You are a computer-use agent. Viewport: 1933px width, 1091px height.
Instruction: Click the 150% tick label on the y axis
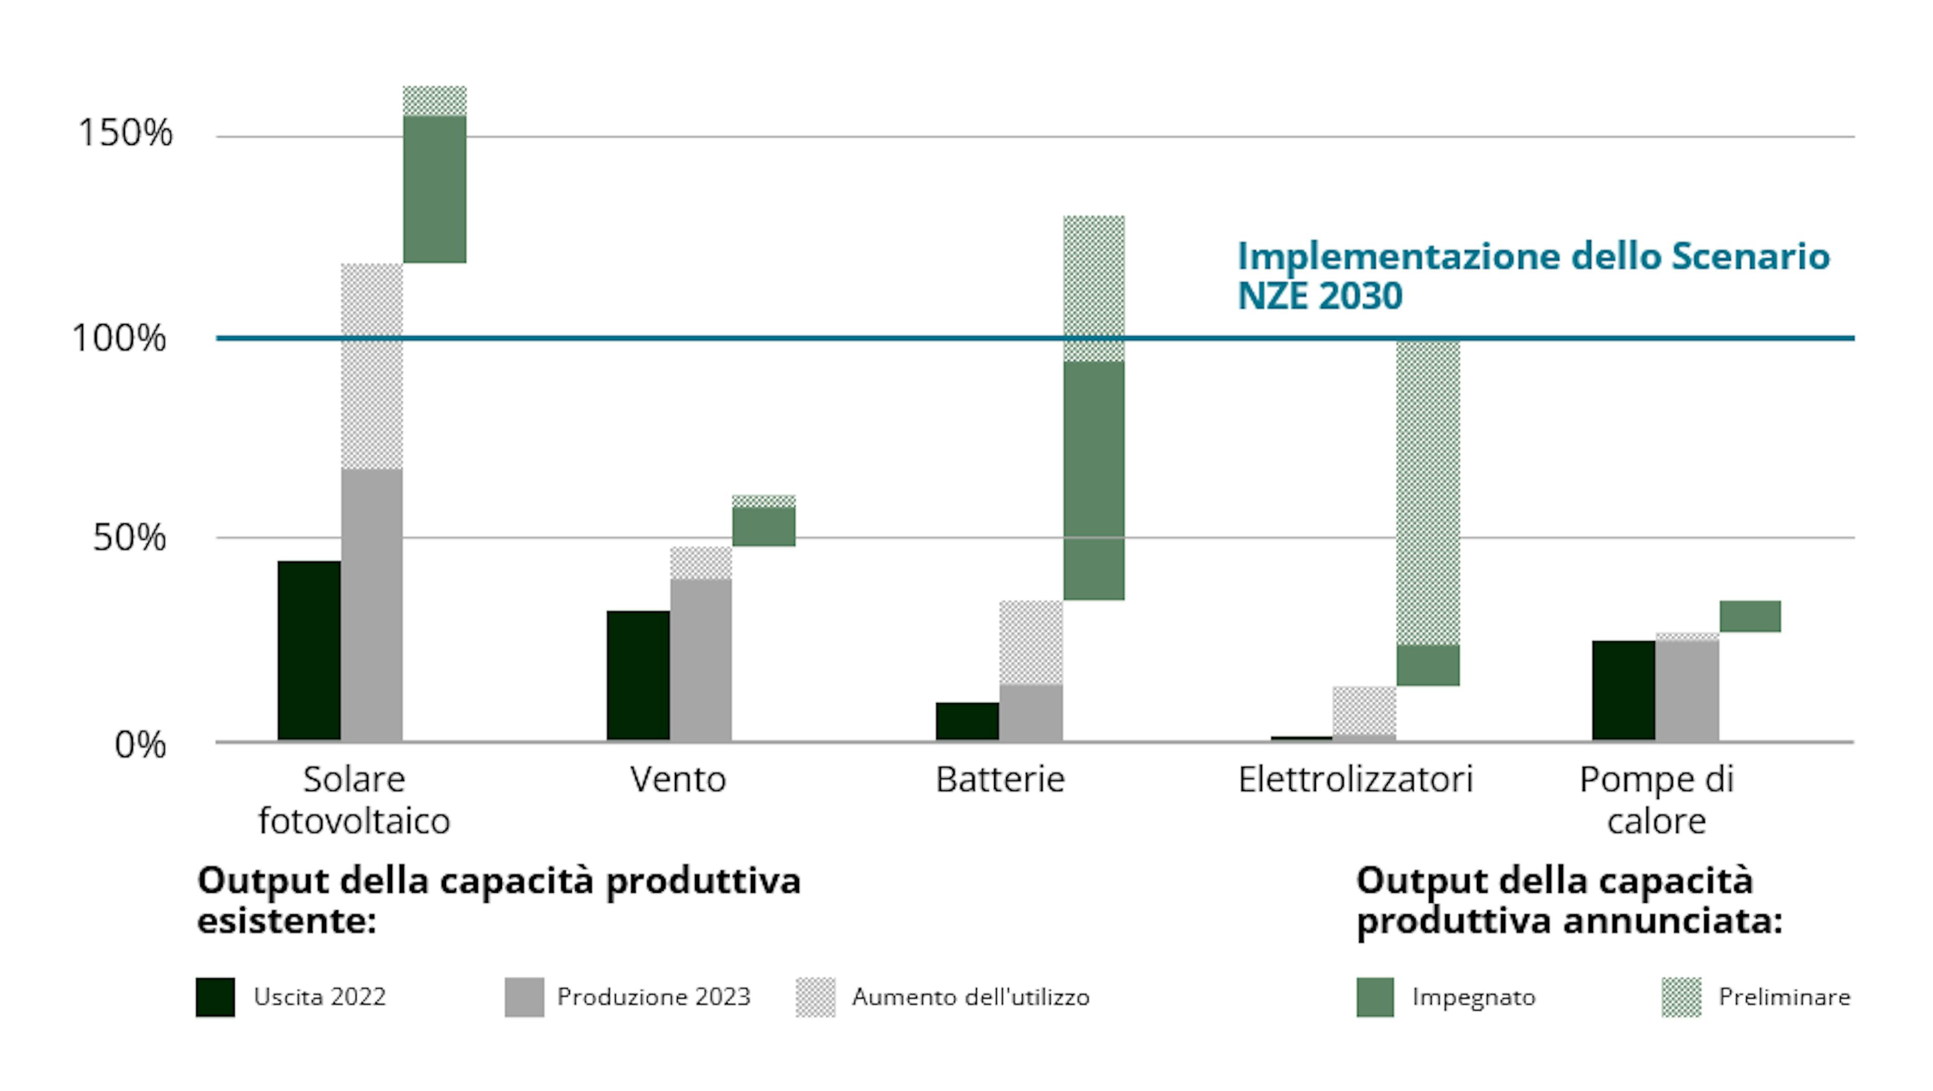pyautogui.click(x=125, y=133)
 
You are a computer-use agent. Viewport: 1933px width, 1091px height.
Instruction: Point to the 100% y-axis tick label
pyautogui.click(x=119, y=338)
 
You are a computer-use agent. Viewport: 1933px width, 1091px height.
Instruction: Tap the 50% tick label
pyautogui.click(x=129, y=537)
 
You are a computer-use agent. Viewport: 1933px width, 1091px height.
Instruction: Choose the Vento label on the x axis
pyautogui.click(x=678, y=779)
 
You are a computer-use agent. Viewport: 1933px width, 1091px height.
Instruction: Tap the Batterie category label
pyautogui.click(x=1000, y=779)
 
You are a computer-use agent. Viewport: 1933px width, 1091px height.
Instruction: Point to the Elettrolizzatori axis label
pyautogui.click(x=1355, y=779)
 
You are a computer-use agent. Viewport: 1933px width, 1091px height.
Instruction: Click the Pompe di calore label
pyautogui.click(x=1656, y=799)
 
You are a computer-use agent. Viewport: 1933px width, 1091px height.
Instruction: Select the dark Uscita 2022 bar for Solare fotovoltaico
pyautogui.click(x=309, y=651)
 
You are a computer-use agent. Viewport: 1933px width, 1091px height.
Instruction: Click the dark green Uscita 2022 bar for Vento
pyautogui.click(x=638, y=675)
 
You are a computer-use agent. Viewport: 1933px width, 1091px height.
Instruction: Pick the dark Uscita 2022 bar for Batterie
pyautogui.click(x=966, y=721)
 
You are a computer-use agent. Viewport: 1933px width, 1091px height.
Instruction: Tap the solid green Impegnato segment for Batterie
pyautogui.click(x=1093, y=480)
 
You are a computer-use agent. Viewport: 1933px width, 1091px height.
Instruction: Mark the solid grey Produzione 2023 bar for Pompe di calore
pyautogui.click(x=1686, y=690)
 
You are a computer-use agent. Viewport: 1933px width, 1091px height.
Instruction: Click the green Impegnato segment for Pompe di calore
pyautogui.click(x=1749, y=616)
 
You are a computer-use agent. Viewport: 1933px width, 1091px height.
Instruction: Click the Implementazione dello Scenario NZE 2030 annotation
pyautogui.click(x=1532, y=275)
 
